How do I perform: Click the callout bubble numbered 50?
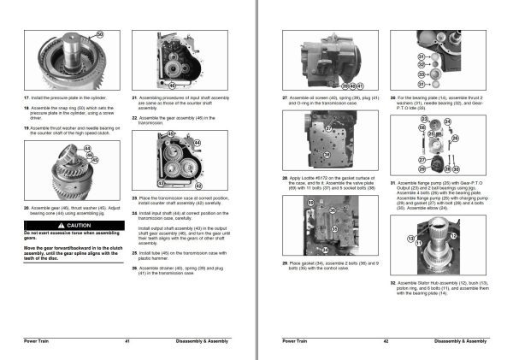tap(100, 34)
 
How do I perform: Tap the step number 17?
tap(27, 99)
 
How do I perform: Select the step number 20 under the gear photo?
tap(27, 208)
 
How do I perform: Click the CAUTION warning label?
tap(53, 225)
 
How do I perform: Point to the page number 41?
tap(126, 341)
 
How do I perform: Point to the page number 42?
tap(386, 341)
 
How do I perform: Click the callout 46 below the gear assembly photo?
tap(172, 86)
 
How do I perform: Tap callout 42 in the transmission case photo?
tap(198, 185)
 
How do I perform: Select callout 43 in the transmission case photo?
tap(160, 183)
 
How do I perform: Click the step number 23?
tap(135, 198)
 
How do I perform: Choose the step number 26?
tap(135, 268)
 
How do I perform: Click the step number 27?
tap(285, 99)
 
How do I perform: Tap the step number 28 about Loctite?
tap(285, 177)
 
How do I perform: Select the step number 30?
tap(392, 99)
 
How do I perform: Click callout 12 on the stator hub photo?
tap(453, 235)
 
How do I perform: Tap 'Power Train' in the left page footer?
tap(35, 341)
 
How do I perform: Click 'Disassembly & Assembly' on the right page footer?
tap(466, 341)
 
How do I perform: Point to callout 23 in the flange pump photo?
tap(423, 118)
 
